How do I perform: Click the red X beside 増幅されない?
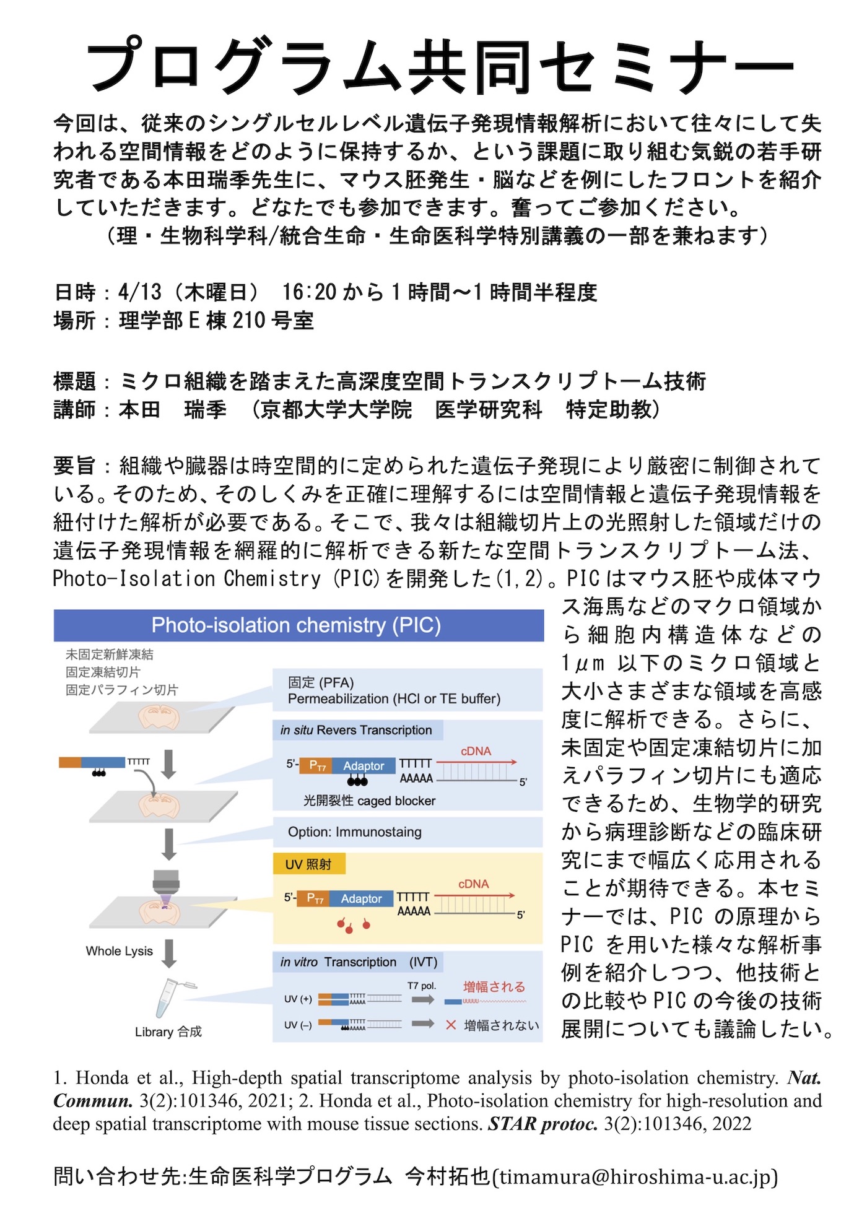coord(451,1025)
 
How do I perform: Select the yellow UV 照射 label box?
coord(308,864)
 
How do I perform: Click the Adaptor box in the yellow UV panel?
coord(361,898)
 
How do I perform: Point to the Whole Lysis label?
coord(119,951)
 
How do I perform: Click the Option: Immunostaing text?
coord(354,832)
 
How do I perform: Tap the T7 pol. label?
coord(421,985)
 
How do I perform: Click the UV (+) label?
coord(298,999)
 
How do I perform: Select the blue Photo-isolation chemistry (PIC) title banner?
coord(298,625)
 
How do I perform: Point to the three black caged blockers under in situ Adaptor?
coord(357,781)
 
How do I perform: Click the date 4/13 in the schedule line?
coord(140,292)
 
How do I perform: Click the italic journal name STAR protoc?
coord(542,1124)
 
